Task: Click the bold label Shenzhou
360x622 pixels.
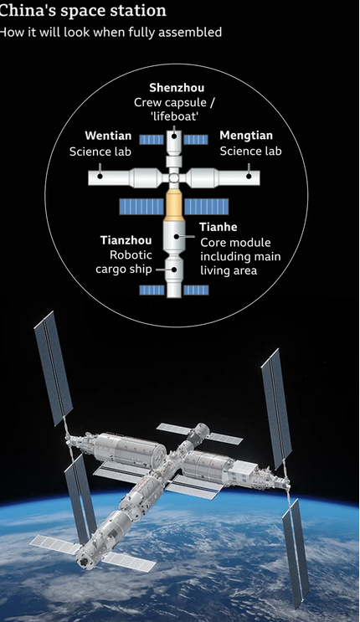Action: click(x=177, y=88)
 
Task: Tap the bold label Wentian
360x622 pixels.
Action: click(x=108, y=136)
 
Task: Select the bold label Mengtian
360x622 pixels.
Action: click(x=246, y=136)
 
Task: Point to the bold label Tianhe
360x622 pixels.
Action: click(x=219, y=227)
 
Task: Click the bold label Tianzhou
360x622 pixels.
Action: click(x=126, y=240)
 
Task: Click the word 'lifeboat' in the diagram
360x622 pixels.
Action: click(x=175, y=116)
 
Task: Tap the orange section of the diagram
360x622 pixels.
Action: click(x=174, y=205)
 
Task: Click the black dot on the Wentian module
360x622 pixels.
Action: click(x=100, y=176)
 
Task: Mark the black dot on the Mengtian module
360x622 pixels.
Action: click(x=249, y=176)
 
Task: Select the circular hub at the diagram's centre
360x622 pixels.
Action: click(x=174, y=177)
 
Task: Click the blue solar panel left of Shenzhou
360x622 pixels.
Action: click(x=152, y=140)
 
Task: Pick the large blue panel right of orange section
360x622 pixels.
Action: click(x=207, y=207)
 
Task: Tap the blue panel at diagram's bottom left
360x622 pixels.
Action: click(x=152, y=290)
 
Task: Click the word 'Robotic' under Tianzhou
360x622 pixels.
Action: click(x=131, y=255)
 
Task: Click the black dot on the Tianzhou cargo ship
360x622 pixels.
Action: click(x=174, y=270)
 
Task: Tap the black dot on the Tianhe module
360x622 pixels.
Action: click(x=176, y=236)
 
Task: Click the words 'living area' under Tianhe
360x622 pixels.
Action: click(x=229, y=270)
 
